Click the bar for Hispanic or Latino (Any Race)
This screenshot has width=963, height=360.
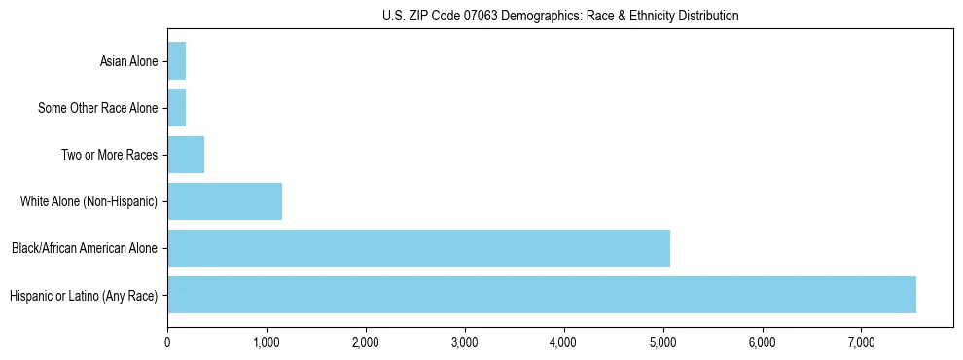[541, 295]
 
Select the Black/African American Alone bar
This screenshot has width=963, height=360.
[418, 248]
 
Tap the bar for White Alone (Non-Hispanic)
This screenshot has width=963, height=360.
[225, 201]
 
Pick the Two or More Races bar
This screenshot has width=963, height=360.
[186, 155]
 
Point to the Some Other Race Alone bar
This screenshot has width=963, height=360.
[177, 108]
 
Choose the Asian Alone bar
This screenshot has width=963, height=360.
[177, 61]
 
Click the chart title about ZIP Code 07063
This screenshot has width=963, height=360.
[559, 16]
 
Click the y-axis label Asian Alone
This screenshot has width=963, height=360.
[128, 62]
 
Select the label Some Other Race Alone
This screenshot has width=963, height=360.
[97, 109]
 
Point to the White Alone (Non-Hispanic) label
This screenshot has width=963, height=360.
[89, 202]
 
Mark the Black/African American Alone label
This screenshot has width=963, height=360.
[85, 249]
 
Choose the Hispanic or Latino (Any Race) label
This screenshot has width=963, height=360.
[84, 296]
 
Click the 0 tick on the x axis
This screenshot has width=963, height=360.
[167, 342]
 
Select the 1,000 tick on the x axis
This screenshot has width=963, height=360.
[267, 342]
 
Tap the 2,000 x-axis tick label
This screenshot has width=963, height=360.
[366, 342]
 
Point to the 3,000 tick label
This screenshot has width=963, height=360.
[465, 342]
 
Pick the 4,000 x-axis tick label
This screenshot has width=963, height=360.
[564, 342]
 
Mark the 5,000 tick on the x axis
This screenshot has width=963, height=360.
[663, 342]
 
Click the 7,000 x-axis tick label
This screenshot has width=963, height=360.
[862, 342]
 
